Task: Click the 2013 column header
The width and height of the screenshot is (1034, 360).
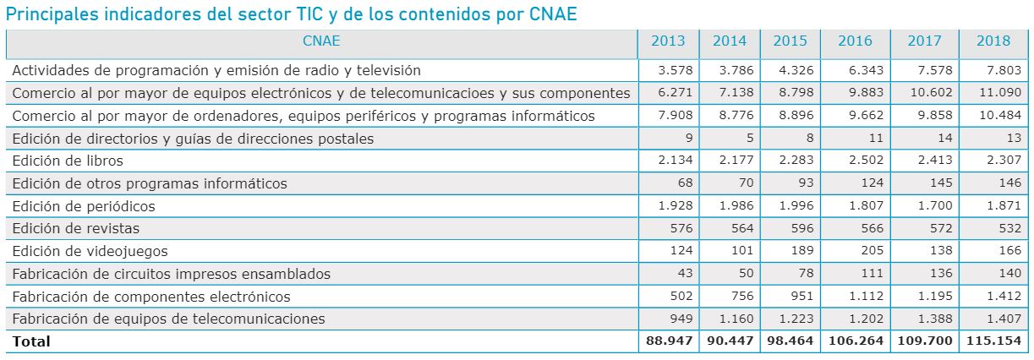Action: click(x=668, y=41)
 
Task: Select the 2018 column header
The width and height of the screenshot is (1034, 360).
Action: click(x=993, y=41)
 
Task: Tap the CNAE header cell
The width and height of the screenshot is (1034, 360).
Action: click(x=320, y=41)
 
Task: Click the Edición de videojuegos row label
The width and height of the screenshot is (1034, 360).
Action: click(x=90, y=251)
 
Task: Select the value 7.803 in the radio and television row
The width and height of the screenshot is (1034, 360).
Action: click(x=1004, y=70)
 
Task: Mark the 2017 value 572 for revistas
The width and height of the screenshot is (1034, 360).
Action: click(x=941, y=228)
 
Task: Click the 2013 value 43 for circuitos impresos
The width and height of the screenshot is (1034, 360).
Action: click(x=684, y=274)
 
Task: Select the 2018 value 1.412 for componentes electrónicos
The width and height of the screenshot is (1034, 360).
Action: click(x=1004, y=297)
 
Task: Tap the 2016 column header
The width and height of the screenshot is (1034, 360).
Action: click(x=855, y=41)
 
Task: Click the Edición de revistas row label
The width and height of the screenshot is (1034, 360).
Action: click(x=76, y=228)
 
